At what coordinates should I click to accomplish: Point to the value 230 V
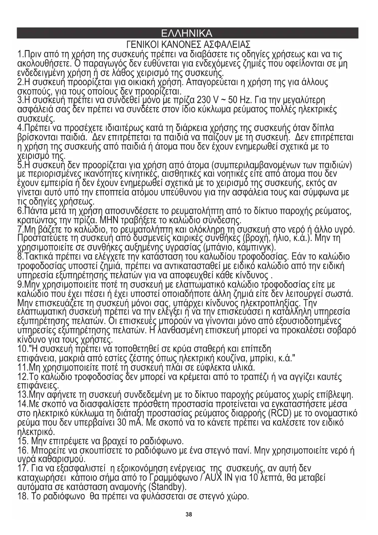pos(208,100)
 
